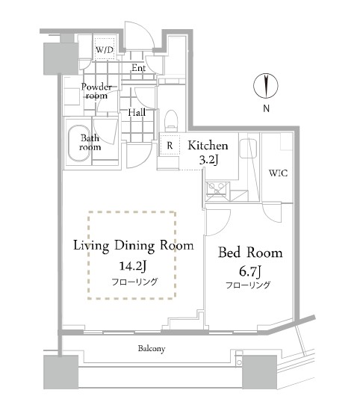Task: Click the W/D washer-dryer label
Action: click(x=105, y=50)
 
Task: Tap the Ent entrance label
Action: click(x=139, y=68)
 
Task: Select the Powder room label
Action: click(x=96, y=91)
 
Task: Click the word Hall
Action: click(x=137, y=112)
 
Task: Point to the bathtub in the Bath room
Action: click(x=79, y=143)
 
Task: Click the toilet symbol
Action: click(x=172, y=121)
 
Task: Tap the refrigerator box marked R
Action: click(x=170, y=145)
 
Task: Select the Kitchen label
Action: click(x=208, y=146)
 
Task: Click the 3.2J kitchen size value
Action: click(x=209, y=160)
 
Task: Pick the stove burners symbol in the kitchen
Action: click(x=217, y=189)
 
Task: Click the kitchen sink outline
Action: click(x=248, y=149)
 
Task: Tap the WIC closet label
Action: click(x=278, y=173)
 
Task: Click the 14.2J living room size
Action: click(x=133, y=266)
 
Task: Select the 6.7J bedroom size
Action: click(x=250, y=271)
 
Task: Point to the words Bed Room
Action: click(x=250, y=253)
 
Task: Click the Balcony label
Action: click(x=152, y=349)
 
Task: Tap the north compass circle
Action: click(x=266, y=86)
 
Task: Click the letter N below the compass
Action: click(x=267, y=108)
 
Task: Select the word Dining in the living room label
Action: click(x=134, y=246)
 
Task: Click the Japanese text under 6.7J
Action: click(x=248, y=285)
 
